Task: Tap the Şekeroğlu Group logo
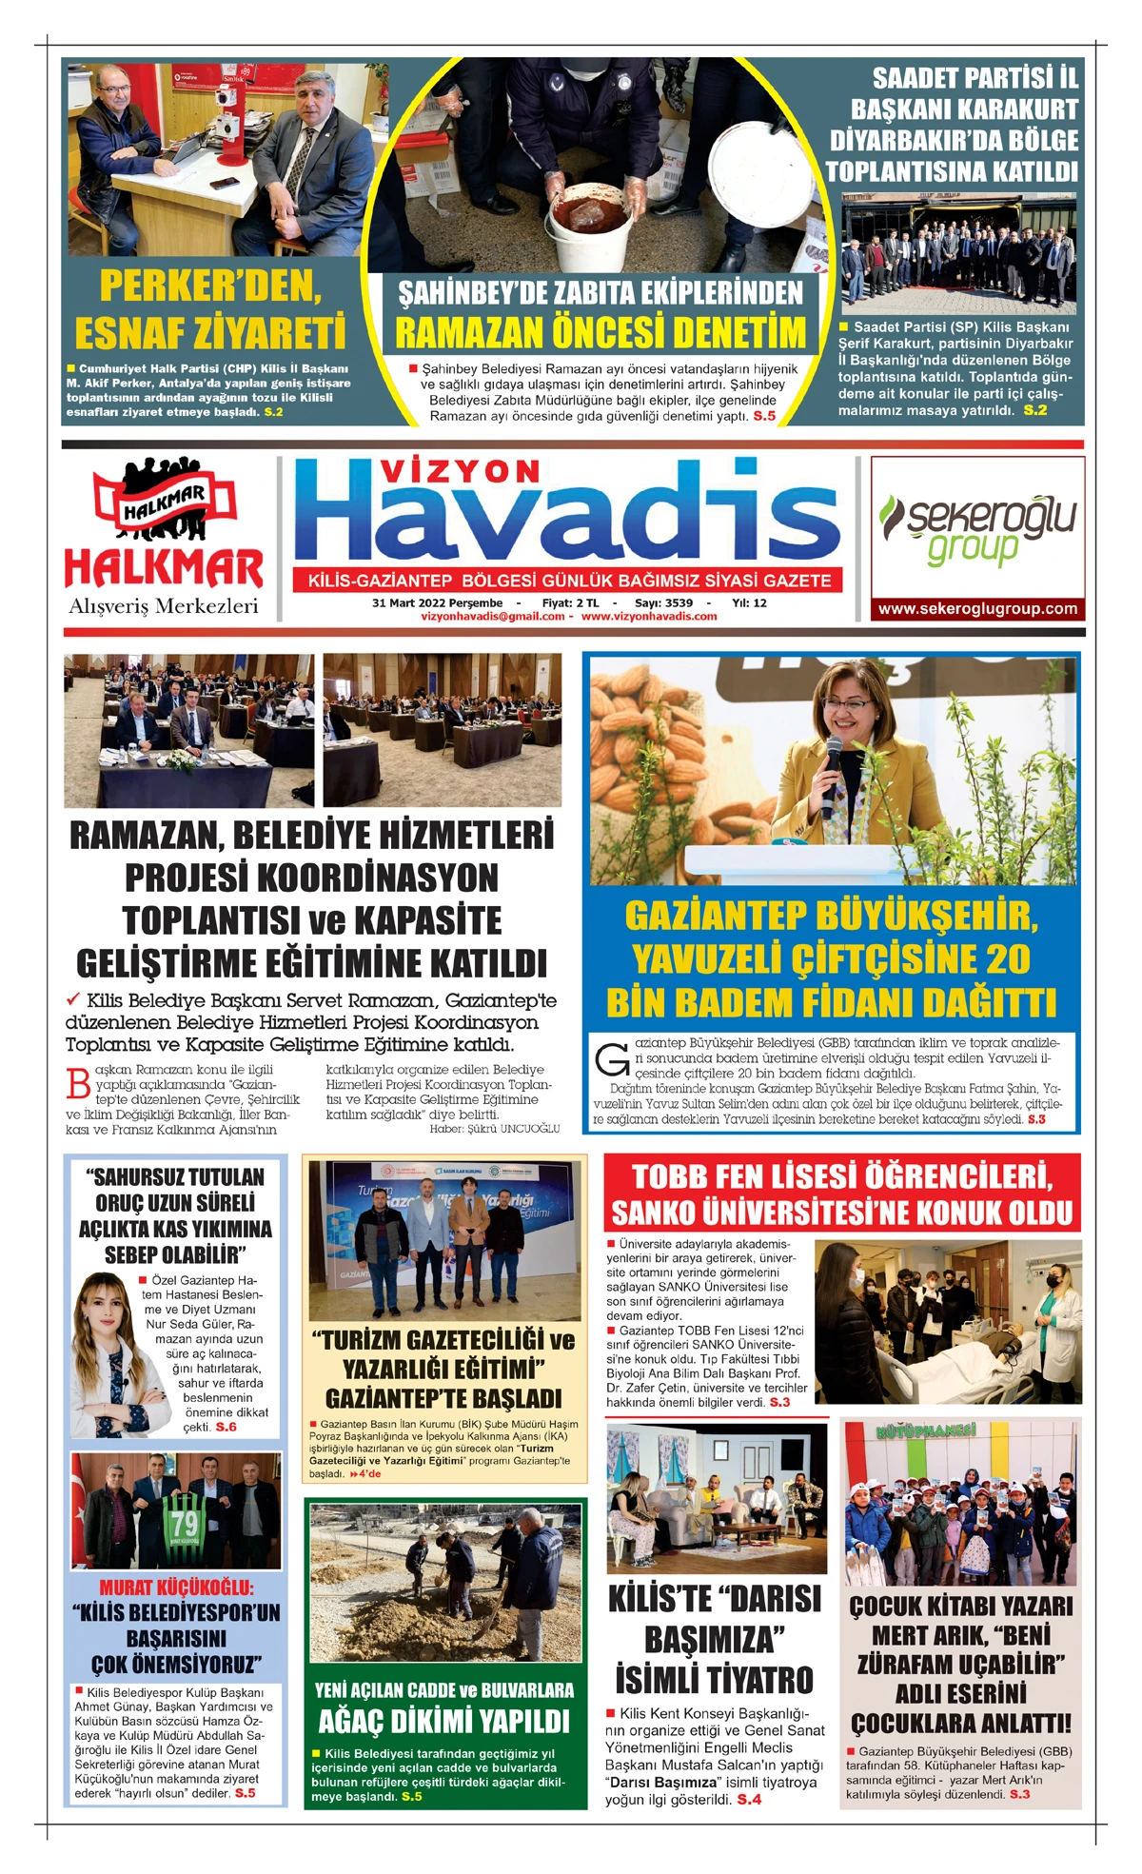[x=977, y=529]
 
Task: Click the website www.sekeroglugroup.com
[x=977, y=609]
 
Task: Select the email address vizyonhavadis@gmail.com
[x=493, y=617]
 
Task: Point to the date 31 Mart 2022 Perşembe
[x=437, y=602]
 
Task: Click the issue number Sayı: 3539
[x=663, y=602]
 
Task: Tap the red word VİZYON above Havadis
[x=461, y=470]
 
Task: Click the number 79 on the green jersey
[x=185, y=1524]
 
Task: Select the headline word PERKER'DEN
[x=210, y=286]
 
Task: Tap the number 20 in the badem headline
[x=1008, y=959]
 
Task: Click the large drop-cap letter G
[x=611, y=1058]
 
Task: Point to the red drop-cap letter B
[x=79, y=1084]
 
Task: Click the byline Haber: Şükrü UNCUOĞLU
[x=494, y=1129]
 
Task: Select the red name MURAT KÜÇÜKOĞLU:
[x=177, y=1587]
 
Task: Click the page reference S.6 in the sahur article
[x=226, y=1427]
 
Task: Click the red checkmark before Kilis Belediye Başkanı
[x=73, y=999]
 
